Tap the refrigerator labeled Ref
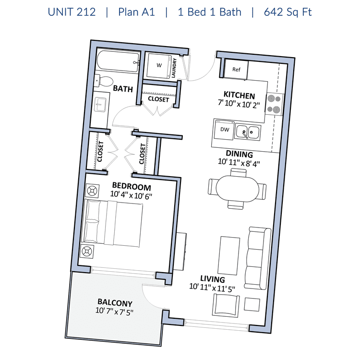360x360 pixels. pyautogui.click(x=236, y=70)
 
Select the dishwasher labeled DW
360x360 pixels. pyautogui.click(x=224, y=130)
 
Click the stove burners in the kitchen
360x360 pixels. pyautogui.click(x=275, y=104)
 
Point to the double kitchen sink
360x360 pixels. pyautogui.click(x=248, y=132)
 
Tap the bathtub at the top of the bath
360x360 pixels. pyautogui.click(x=118, y=61)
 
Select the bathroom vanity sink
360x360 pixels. pyautogui.click(x=100, y=105)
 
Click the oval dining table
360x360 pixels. pyautogui.click(x=238, y=189)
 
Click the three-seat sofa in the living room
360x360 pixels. pyautogui.click(x=257, y=258)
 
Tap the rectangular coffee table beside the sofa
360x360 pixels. pyautogui.click(x=228, y=255)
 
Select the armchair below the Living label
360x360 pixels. pyautogui.click(x=226, y=305)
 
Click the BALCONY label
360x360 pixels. pyautogui.click(x=115, y=302)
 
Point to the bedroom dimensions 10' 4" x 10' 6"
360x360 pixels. pyautogui.click(x=131, y=195)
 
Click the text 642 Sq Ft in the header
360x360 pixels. pyautogui.click(x=288, y=12)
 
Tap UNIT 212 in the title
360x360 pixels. pyautogui.click(x=72, y=12)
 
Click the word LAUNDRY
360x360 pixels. pyautogui.click(x=174, y=68)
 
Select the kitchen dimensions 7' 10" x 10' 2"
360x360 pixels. pyautogui.click(x=239, y=104)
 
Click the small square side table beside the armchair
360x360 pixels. pyautogui.click(x=252, y=304)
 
